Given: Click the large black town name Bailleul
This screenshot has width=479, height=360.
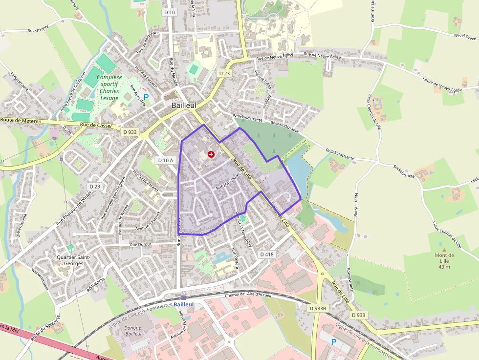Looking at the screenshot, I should (184, 105).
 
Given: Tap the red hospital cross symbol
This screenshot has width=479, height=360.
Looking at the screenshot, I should (211, 154).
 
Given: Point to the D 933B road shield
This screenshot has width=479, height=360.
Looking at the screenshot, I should (318, 308).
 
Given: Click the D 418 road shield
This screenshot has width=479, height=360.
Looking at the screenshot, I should (267, 254).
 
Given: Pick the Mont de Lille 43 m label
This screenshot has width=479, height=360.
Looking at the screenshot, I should (444, 261).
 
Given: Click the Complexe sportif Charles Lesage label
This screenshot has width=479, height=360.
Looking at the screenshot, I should (109, 87).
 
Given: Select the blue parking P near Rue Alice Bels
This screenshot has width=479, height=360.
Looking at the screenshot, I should (146, 97).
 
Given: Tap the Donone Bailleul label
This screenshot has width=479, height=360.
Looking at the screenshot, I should (133, 331).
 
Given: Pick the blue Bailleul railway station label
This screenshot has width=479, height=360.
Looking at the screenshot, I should (183, 304).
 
